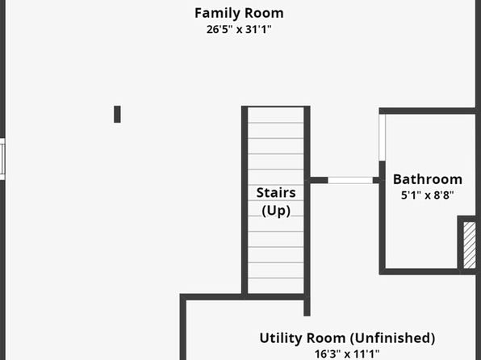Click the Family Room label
(239, 14)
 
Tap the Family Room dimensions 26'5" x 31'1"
(239, 30)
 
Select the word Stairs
(276, 193)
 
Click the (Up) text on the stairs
(276, 211)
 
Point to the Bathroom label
(428, 179)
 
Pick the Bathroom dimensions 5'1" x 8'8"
(428, 195)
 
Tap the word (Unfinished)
(392, 338)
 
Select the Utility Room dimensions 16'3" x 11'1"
(347, 354)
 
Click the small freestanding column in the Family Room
(117, 114)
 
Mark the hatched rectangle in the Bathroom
(470, 245)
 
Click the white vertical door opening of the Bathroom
(383, 137)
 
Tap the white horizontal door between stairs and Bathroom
(350, 180)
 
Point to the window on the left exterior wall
(2, 159)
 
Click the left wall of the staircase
(245, 201)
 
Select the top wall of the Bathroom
(428, 111)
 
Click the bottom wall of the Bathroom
(428, 271)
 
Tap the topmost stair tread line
(276, 123)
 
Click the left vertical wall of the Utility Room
(183, 327)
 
